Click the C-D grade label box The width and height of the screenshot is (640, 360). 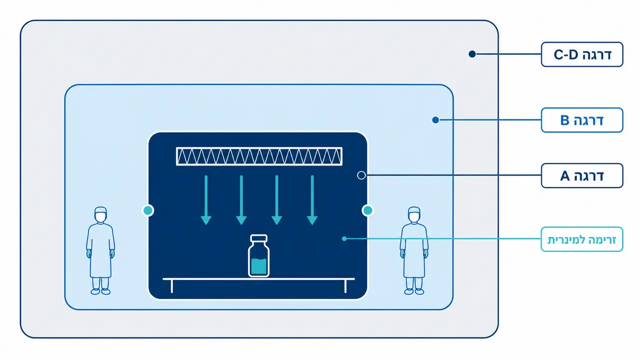tap(582, 54)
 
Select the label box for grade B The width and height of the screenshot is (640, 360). tap(582, 120)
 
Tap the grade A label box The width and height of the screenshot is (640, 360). tap(582, 175)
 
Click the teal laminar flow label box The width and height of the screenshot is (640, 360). tap(582, 239)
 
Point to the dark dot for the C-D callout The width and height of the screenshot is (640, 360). tap(472, 54)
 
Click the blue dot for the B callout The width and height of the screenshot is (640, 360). tap(435, 120)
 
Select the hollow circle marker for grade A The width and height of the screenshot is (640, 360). tap(361, 175)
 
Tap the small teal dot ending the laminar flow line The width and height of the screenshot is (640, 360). tap(344, 238)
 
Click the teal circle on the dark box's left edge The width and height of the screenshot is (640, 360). tap(148, 210)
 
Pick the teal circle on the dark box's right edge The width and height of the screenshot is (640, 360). tap(367, 210)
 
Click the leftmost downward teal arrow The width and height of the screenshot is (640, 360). tap(206, 200)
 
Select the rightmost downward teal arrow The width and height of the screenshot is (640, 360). tap(312, 200)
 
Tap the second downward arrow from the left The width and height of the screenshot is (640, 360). tap(241, 200)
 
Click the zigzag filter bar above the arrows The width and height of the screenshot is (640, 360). tap(259, 156)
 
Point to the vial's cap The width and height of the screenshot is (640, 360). tap(259, 238)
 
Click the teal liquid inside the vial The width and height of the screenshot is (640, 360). tap(259, 266)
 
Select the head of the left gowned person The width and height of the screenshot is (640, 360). tap(101, 214)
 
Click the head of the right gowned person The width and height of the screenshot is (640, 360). tap(414, 214)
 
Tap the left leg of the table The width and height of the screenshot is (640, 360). tap(172, 286)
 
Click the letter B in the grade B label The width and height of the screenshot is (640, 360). tap(565, 120)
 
